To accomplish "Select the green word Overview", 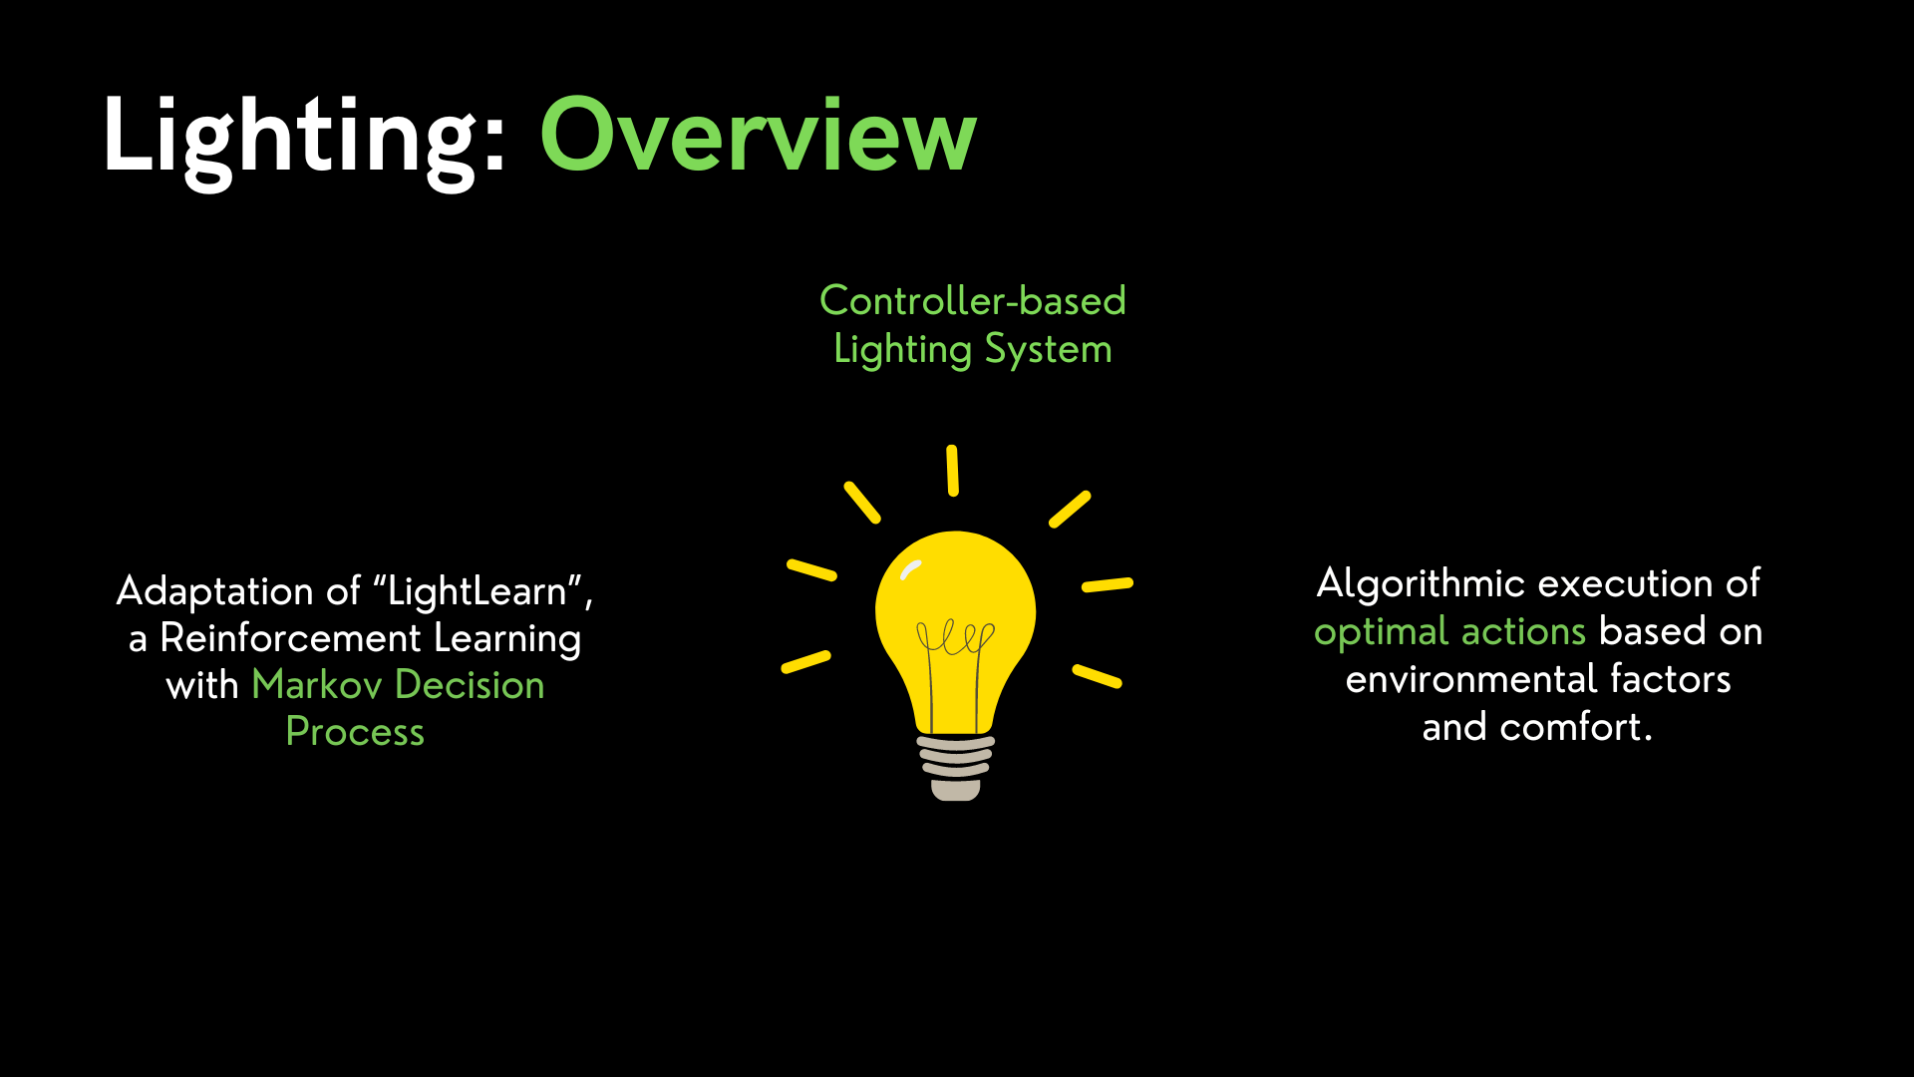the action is click(x=758, y=137).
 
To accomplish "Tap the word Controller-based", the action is click(x=972, y=300).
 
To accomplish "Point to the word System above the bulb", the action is click(x=1048, y=350).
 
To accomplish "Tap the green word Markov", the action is click(x=317, y=685).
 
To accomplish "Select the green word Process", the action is click(x=355, y=732).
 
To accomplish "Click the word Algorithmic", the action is click(x=1421, y=584).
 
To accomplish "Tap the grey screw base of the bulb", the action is click(x=956, y=768).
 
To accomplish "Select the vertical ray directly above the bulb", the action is click(x=953, y=471).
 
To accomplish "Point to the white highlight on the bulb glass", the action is click(x=910, y=569).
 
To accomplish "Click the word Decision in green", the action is click(x=470, y=685).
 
